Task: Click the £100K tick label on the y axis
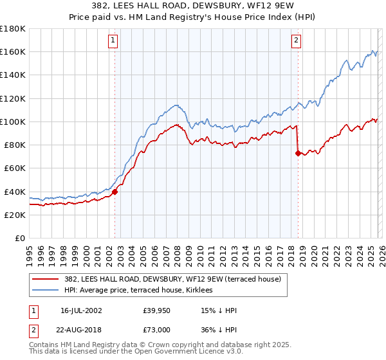click(12, 122)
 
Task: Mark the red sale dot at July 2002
click(115, 192)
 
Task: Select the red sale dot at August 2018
click(298, 153)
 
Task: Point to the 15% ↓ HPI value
click(219, 310)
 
